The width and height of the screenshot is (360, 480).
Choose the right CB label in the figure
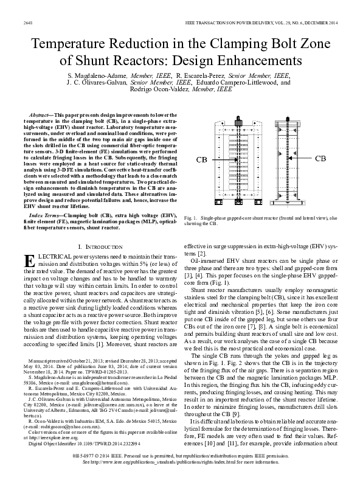coord(322,158)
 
